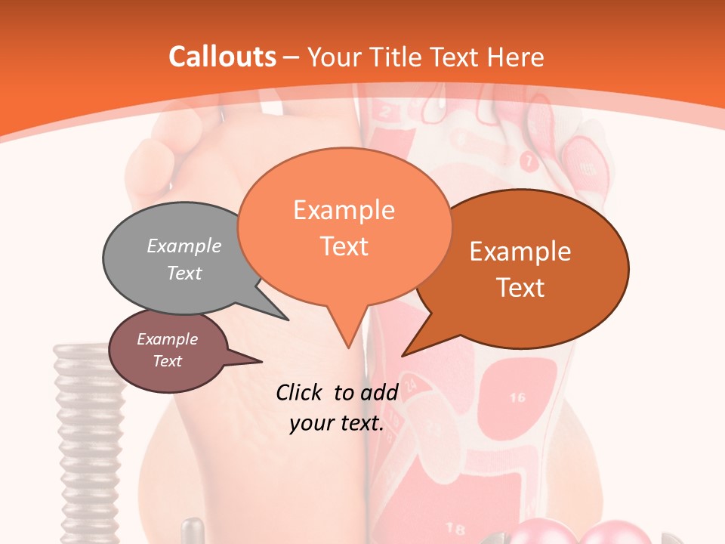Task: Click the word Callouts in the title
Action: tap(222, 57)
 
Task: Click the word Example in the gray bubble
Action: tap(184, 246)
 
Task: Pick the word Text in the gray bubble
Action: tap(184, 273)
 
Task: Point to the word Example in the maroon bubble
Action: tap(167, 339)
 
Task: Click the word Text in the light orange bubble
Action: tap(344, 246)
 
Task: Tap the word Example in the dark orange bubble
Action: tap(520, 252)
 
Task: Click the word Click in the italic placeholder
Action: tap(301, 392)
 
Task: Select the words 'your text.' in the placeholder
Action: tap(336, 423)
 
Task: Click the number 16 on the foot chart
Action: tap(517, 397)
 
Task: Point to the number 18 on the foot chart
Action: tap(455, 527)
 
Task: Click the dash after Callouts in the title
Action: tap(291, 57)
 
